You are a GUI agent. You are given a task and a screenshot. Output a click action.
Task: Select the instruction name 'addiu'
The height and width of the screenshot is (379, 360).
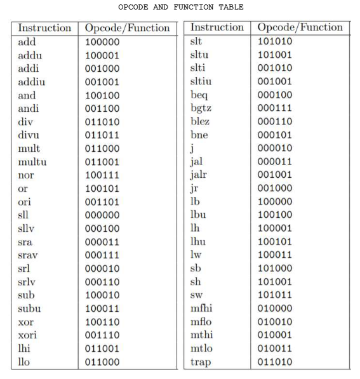tap(32, 82)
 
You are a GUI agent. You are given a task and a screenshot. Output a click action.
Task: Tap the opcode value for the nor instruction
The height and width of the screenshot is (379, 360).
tap(102, 175)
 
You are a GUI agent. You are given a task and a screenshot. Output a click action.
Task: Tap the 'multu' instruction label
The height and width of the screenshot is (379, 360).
tap(32, 162)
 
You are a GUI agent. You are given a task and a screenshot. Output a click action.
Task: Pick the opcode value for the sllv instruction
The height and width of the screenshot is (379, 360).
tap(102, 229)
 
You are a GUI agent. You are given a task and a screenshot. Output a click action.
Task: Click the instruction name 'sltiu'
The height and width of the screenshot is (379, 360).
tap(203, 81)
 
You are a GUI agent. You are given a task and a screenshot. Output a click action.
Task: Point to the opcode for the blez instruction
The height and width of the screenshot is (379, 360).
tap(275, 121)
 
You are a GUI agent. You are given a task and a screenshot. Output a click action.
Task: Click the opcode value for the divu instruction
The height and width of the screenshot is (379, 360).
tap(102, 135)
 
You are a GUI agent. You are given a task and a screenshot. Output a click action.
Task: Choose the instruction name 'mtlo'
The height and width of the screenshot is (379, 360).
tap(203, 348)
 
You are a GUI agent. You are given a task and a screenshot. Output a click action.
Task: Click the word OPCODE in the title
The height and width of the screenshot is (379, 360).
tap(134, 7)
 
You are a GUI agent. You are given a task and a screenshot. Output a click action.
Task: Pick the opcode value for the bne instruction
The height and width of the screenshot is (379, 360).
tap(275, 135)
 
